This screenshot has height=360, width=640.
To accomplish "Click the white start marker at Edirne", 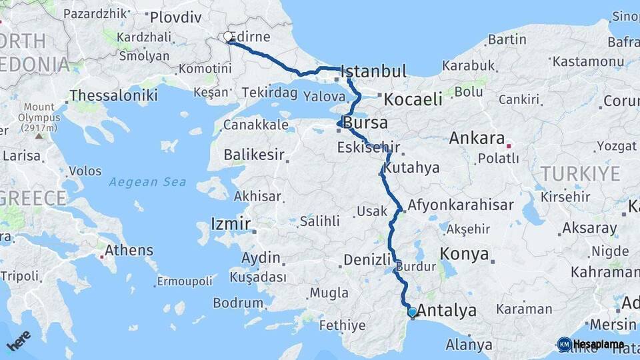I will point(228,37).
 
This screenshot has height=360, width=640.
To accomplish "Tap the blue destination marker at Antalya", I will point(412,311).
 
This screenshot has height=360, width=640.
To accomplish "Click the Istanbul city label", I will point(373,71).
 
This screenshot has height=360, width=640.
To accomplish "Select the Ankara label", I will point(477,139).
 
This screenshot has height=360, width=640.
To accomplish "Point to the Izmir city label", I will point(230,223).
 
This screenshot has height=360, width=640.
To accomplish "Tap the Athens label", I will point(129,251).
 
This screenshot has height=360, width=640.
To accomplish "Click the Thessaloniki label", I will point(113,95).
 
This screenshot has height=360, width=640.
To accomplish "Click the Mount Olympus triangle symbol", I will point(38,136).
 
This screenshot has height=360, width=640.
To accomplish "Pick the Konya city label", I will point(465,254).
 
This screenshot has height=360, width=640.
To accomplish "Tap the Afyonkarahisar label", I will point(461,205).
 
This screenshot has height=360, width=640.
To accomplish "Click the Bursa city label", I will point(366,123).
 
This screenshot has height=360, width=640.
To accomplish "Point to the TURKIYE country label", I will point(580,174).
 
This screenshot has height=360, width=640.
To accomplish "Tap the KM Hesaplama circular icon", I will point(564,344).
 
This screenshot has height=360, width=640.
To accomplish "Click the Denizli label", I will point(366,260).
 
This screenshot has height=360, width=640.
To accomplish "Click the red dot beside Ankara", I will point(509,145).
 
